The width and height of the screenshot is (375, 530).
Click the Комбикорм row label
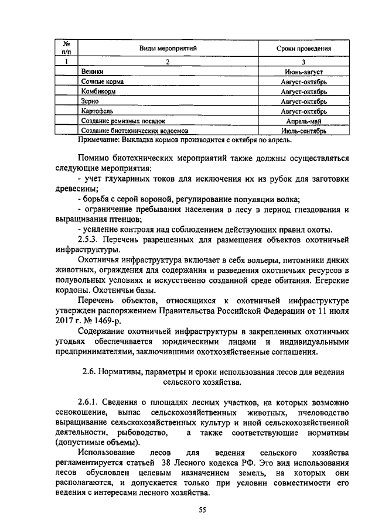point(98,91)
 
